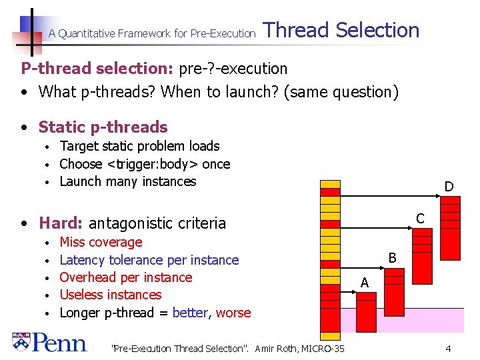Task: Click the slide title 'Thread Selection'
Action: pos(341,30)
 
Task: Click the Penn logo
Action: pos(49,342)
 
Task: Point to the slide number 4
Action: pos(449,349)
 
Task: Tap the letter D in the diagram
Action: pos(449,187)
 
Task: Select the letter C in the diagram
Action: pos(420,218)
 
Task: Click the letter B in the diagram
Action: pos(392,257)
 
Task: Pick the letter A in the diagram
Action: pos(364,283)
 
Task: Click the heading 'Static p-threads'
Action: pos(103,127)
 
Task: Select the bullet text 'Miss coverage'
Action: pos(101,242)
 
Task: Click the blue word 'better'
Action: pos(190,313)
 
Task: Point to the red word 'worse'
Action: pos(233,313)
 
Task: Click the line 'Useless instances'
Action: pos(111,295)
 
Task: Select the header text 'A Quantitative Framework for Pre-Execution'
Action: pos(152,33)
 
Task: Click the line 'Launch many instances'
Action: pos(128,181)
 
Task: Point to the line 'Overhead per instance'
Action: pos(125,277)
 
